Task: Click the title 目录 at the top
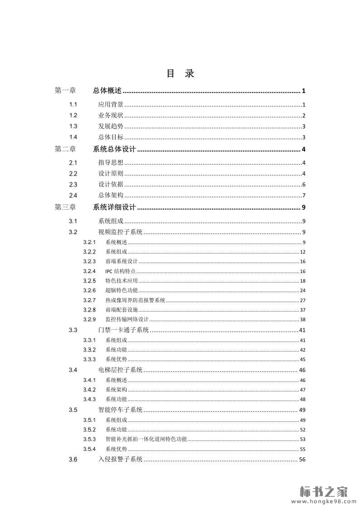(180, 73)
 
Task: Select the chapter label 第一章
(65, 91)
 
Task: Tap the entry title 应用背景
(111, 104)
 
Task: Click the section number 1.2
(73, 115)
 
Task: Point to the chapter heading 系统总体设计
(114, 150)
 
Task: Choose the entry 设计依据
(111, 185)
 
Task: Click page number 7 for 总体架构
(303, 196)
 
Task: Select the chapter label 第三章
(65, 208)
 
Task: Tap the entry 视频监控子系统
(120, 232)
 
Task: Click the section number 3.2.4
(89, 271)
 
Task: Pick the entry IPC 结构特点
(120, 271)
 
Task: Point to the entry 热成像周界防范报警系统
(135, 300)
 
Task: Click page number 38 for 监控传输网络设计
(302, 319)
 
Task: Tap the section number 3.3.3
(89, 359)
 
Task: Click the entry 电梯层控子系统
(120, 370)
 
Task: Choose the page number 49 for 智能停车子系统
(302, 410)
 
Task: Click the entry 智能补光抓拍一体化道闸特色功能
(146, 439)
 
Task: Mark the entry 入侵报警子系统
(120, 460)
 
